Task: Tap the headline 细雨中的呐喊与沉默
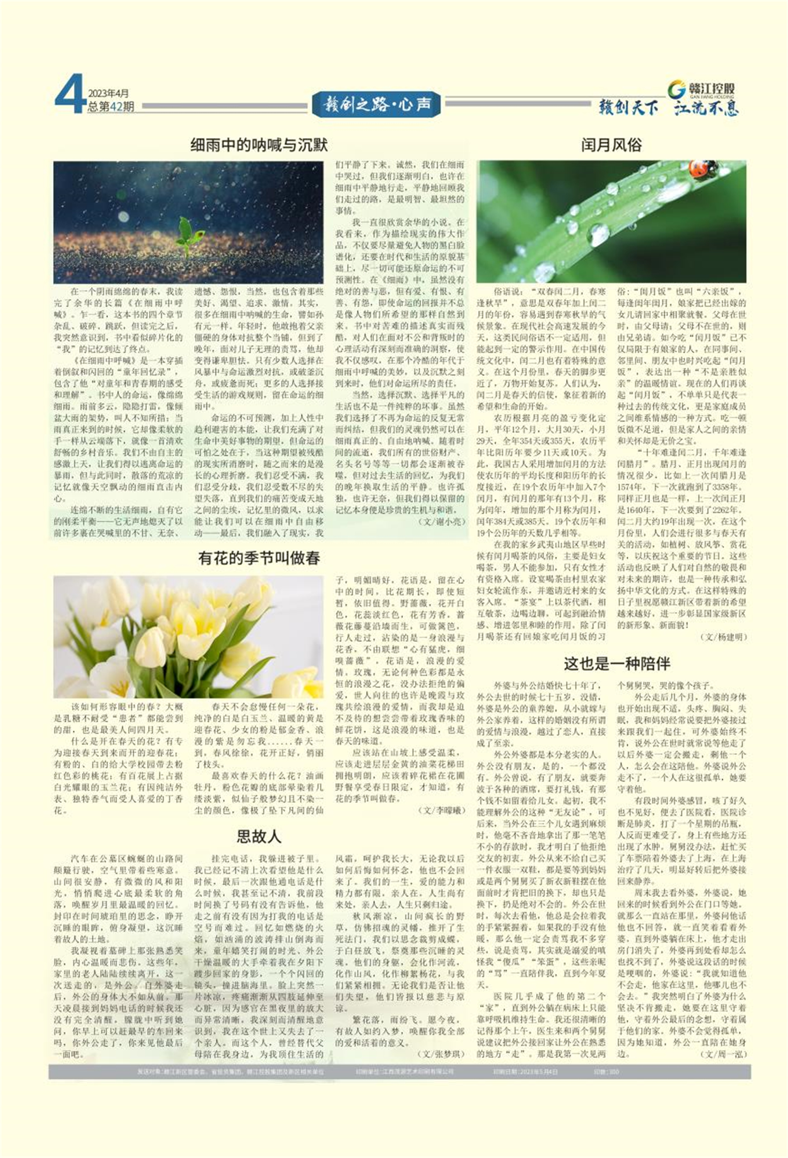click(259, 145)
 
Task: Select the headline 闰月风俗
click(611, 145)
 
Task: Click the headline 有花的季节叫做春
click(259, 558)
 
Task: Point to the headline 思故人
click(259, 836)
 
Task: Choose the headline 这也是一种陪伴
click(617, 664)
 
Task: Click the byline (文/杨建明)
click(723, 637)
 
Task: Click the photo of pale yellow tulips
click(188, 637)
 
